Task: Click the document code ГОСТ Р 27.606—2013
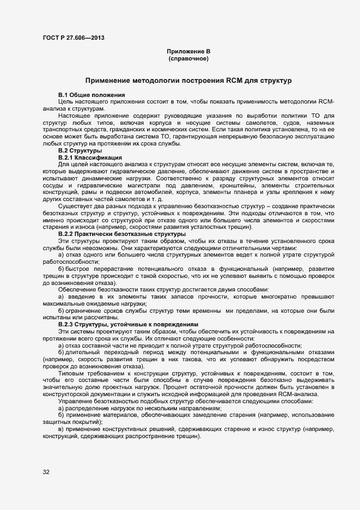tap(73, 38)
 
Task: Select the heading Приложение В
tap(188, 51)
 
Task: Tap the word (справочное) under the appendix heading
tap(188, 58)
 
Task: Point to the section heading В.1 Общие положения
tap(84, 95)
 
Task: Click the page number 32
tap(46, 472)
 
